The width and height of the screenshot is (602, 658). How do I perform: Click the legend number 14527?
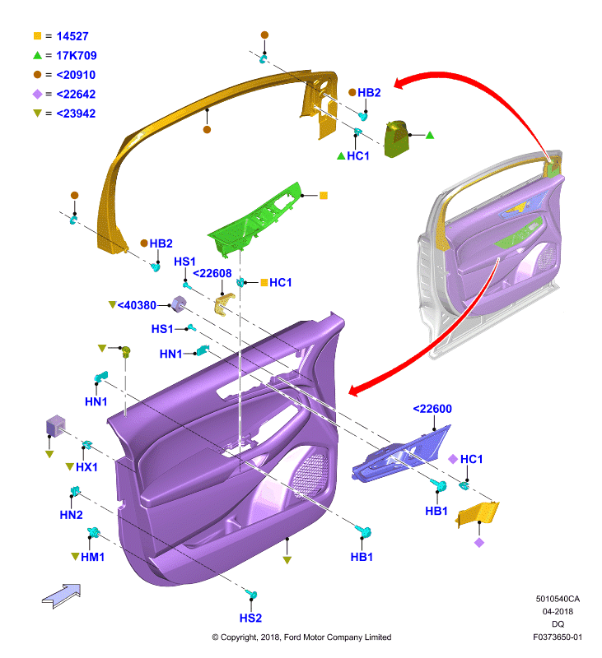tap(72, 36)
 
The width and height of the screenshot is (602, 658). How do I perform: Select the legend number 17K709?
tap(77, 56)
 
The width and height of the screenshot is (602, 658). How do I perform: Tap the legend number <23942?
tap(76, 114)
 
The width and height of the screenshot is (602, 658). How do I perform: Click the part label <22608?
tap(212, 274)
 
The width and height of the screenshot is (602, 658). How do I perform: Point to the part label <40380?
tap(137, 305)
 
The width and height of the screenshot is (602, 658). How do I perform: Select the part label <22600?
tap(432, 409)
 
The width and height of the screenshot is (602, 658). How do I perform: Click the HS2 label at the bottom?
tap(250, 619)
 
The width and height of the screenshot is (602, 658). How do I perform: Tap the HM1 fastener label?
tap(92, 558)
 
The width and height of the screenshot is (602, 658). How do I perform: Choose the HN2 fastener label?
tap(71, 515)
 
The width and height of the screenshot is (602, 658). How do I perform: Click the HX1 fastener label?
tap(86, 467)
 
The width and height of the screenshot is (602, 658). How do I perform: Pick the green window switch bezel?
tap(255, 220)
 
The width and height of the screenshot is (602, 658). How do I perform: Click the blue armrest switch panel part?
tap(400, 455)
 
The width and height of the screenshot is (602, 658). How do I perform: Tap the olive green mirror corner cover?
tap(397, 139)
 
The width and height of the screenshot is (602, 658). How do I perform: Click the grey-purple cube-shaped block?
tap(55, 425)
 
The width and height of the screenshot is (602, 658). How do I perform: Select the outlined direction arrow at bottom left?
tap(62, 595)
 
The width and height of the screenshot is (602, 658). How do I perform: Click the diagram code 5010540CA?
tap(558, 599)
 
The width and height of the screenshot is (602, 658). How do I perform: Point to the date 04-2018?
tap(558, 611)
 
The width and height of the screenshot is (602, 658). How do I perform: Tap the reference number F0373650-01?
tap(558, 637)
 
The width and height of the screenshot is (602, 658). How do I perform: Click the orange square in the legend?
tap(37, 36)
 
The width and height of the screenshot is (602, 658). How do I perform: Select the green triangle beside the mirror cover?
tap(430, 135)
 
